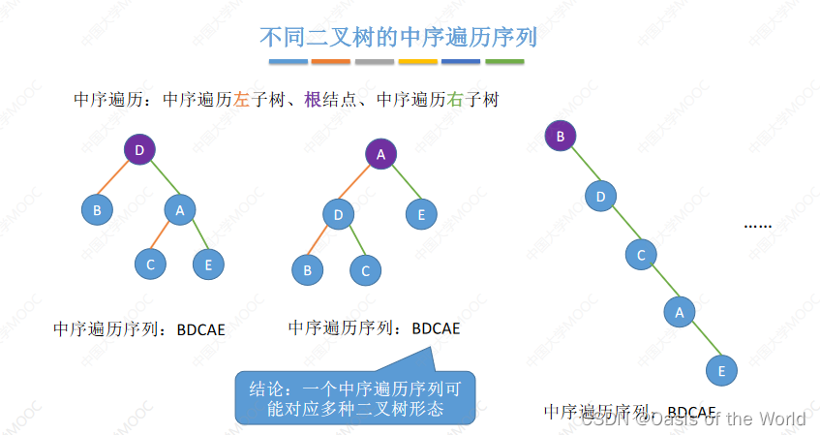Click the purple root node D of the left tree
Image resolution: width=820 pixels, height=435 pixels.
point(140,149)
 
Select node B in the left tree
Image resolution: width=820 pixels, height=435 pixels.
point(96,208)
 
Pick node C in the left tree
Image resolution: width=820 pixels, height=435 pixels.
point(151,263)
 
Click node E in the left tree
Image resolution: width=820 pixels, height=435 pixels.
point(209,263)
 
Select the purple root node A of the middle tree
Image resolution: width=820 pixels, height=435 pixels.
point(381,154)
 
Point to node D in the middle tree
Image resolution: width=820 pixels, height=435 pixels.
point(339,213)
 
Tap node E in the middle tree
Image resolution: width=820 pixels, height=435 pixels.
point(421,213)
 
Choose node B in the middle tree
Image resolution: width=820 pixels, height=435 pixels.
point(308,270)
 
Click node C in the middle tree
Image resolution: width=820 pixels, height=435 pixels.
point(366,270)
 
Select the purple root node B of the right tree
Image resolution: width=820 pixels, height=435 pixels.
point(560,136)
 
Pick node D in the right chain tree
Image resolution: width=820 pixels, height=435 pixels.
point(600,197)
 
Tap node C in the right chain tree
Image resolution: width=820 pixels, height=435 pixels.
point(640,255)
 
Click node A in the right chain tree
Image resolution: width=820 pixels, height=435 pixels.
point(680,312)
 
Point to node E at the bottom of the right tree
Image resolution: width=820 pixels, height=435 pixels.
point(719,370)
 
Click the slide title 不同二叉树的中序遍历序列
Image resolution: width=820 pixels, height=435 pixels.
point(398,37)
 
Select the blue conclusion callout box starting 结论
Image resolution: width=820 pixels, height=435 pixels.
point(355,398)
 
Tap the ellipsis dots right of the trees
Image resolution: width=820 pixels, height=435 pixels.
point(757,226)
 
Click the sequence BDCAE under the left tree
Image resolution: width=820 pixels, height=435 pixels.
point(200,330)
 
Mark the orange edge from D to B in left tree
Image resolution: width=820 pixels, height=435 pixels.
point(116,180)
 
